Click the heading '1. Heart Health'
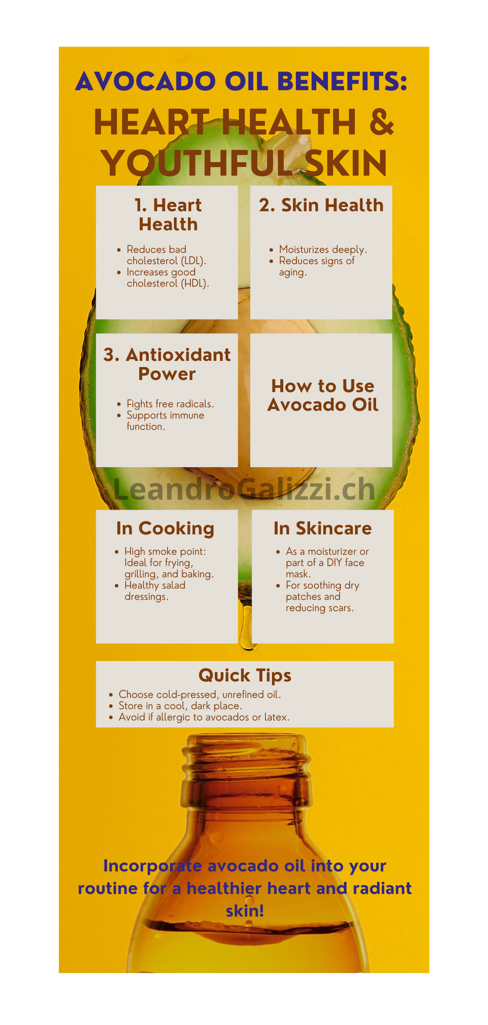(168, 215)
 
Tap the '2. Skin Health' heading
(321, 205)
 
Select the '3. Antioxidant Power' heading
(167, 364)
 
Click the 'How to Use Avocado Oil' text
(323, 395)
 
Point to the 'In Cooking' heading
(165, 529)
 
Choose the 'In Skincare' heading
(323, 528)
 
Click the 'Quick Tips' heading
(245, 676)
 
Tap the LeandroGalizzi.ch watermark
(244, 489)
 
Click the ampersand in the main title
(382, 122)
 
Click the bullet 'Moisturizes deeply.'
(323, 249)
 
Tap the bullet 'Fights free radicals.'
(170, 404)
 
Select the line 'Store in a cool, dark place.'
(180, 706)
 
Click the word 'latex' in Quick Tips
(275, 717)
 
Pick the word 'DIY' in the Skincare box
(334, 563)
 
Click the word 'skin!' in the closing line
(245, 911)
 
